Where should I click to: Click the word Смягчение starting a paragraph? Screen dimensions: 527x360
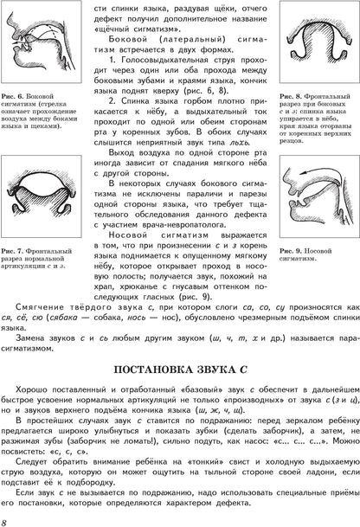42,305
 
